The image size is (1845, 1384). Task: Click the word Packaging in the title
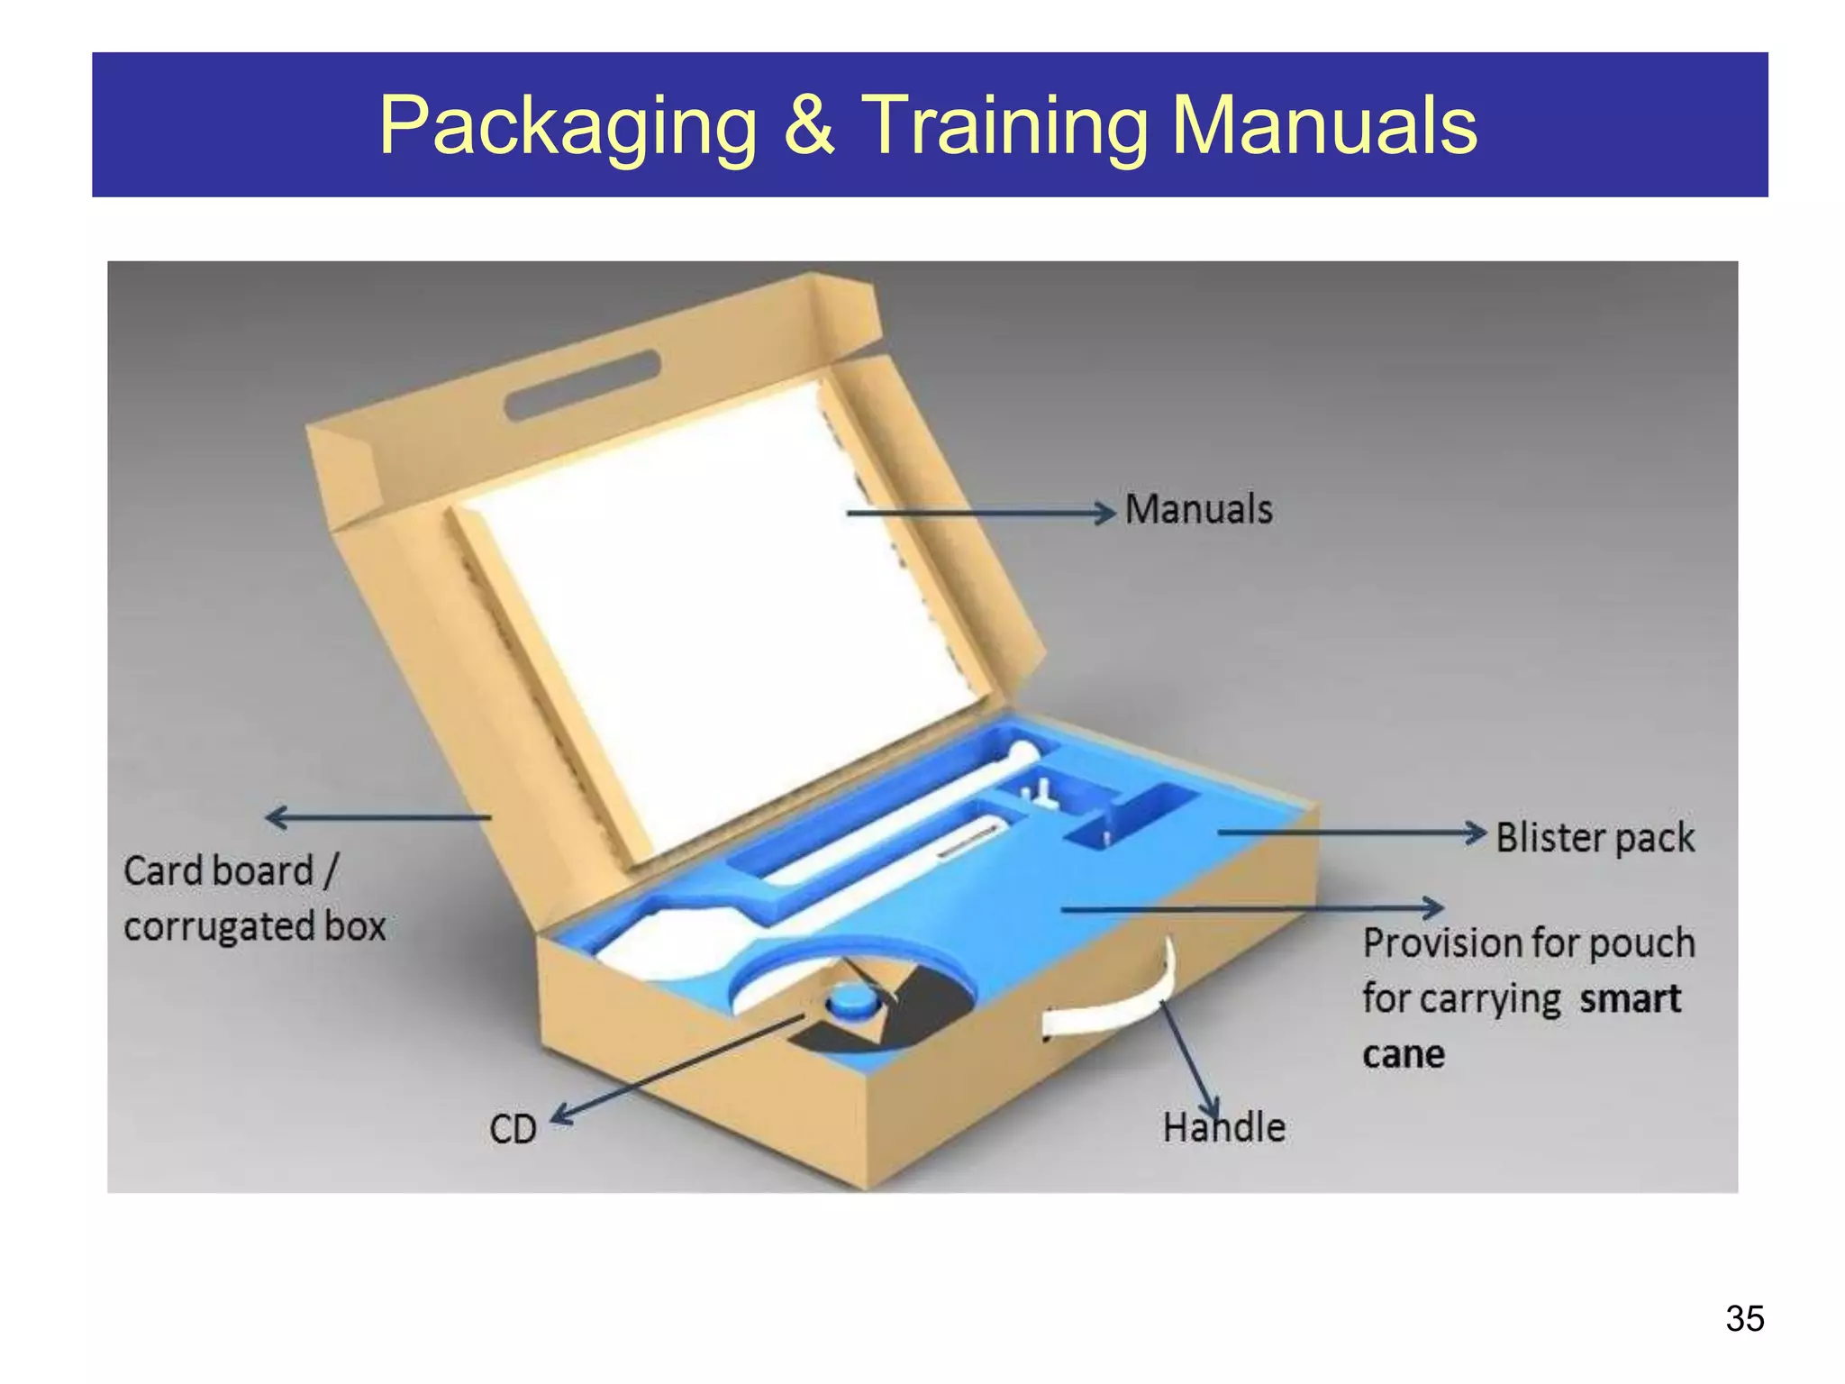(x=568, y=127)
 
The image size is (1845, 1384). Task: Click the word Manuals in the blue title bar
(x=1324, y=124)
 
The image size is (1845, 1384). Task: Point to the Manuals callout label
(x=1199, y=509)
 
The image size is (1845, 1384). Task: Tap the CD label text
(x=513, y=1129)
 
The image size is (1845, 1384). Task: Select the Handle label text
(x=1223, y=1127)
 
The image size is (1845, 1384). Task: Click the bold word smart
(x=1631, y=999)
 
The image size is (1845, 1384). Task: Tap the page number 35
(x=1745, y=1318)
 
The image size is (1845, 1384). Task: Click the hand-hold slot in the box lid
(x=583, y=387)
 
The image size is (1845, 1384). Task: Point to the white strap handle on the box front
(x=1117, y=1000)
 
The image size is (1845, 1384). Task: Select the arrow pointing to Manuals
(x=981, y=513)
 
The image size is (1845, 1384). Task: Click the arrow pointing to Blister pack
(x=1351, y=833)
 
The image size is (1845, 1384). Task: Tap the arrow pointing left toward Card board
(x=378, y=817)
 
